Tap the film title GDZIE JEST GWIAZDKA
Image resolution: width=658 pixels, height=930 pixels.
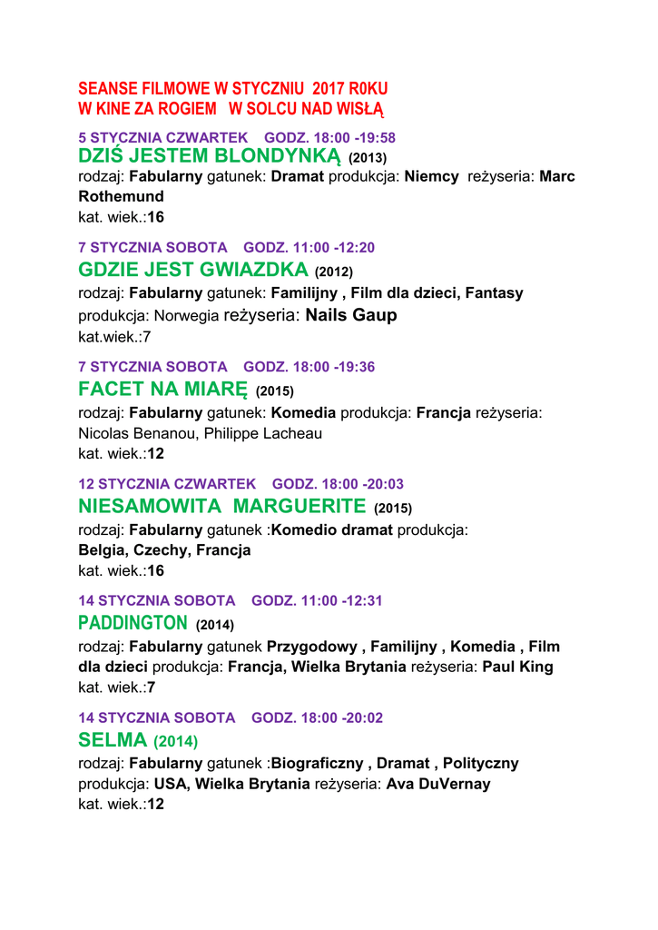193,270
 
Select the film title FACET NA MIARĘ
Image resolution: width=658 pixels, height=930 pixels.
163,390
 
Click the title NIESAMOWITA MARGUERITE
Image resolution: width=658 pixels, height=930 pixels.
222,505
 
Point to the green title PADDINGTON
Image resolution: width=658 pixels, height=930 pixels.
133,623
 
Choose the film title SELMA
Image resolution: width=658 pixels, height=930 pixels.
113,740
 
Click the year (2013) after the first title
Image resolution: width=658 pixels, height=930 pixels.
368,158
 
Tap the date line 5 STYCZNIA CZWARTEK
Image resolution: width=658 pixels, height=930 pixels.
162,137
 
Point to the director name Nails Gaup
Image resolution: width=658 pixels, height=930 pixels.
351,315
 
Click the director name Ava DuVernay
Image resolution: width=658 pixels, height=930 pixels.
438,784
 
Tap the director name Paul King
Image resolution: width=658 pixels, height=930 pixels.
517,667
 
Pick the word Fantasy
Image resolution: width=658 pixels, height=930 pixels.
494,293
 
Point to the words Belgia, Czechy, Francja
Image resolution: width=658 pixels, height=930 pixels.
164,550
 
